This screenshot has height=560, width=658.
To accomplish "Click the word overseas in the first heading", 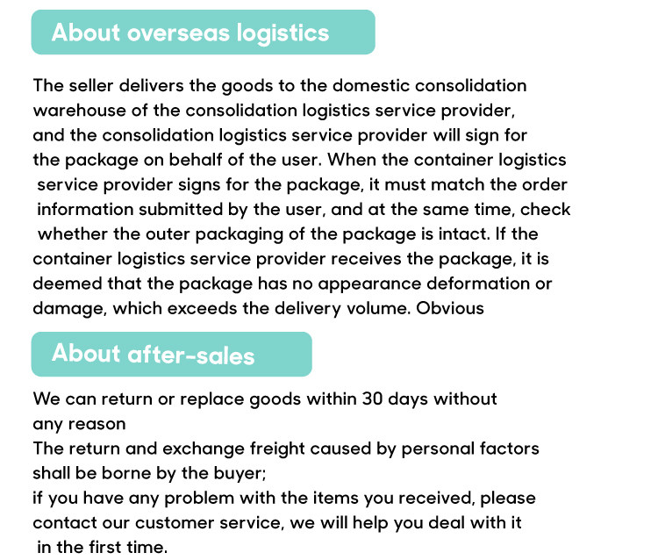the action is [171, 33].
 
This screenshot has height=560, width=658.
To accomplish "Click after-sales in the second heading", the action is [191, 355].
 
